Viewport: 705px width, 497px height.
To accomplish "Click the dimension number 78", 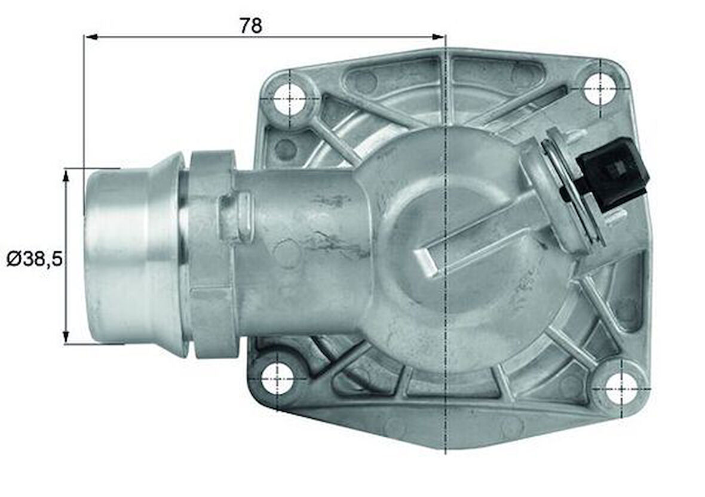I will pyautogui.click(x=250, y=26).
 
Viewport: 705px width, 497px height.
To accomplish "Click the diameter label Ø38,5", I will pyautogui.click(x=34, y=259).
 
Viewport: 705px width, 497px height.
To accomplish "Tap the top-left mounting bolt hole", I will pyautogui.click(x=290, y=100).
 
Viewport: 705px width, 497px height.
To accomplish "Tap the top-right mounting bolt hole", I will pyautogui.click(x=599, y=89).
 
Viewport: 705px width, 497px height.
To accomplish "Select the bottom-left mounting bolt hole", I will pyautogui.click(x=278, y=378).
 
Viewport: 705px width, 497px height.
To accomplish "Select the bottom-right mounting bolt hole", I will pyautogui.click(x=621, y=387).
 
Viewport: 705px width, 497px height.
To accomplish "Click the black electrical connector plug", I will pyautogui.click(x=614, y=173).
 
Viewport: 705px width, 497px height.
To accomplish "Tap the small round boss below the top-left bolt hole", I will pyautogui.click(x=286, y=150).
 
